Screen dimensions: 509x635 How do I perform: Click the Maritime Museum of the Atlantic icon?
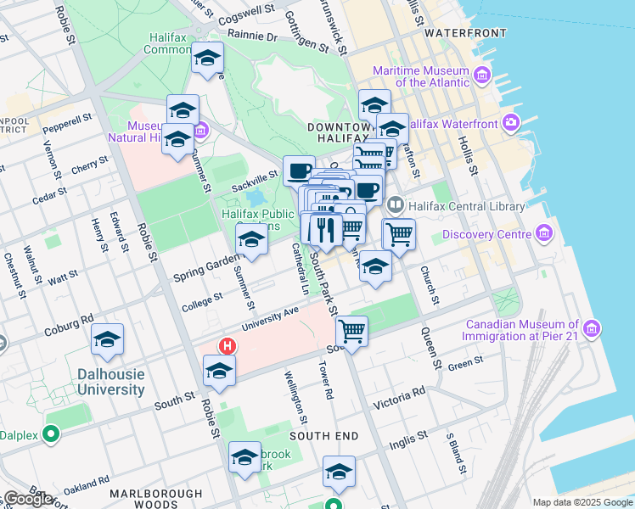[482, 76]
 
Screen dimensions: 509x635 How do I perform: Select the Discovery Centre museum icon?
[543, 234]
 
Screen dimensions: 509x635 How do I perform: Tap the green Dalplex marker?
[50, 434]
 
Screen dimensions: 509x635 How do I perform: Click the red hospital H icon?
[227, 346]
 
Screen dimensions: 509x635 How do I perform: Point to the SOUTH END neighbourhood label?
[323, 435]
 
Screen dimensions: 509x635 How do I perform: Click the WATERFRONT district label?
[465, 33]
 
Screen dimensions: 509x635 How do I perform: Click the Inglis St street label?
[408, 439]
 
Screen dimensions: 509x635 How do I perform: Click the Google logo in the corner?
[28, 499]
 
